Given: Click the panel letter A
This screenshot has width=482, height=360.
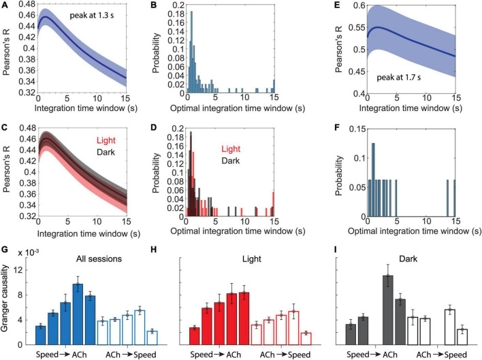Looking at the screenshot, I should click(x=4, y=5).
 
